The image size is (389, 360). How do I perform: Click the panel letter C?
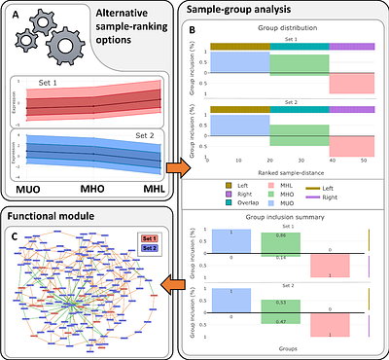(x=13, y=234)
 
